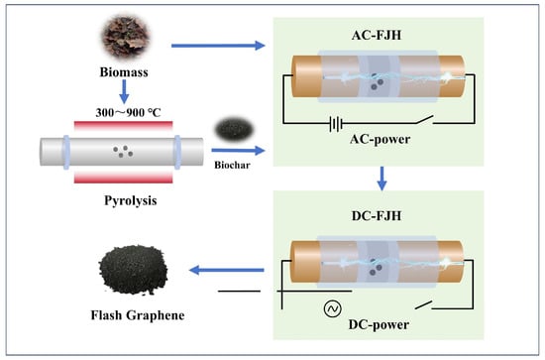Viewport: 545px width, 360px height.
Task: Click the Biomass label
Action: (x=124, y=72)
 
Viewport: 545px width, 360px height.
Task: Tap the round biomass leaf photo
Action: (x=126, y=38)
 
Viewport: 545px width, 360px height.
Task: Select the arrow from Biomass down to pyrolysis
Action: (x=124, y=91)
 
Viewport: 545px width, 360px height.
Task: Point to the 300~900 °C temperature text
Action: (x=128, y=112)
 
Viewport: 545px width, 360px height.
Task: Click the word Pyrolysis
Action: (x=131, y=200)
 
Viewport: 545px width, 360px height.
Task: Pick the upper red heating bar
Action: (x=124, y=125)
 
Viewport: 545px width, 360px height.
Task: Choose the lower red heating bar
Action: (x=124, y=178)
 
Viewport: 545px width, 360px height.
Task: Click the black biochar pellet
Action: (x=234, y=129)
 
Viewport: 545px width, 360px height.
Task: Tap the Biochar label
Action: (x=232, y=165)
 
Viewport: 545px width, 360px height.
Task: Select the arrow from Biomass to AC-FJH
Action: (x=218, y=46)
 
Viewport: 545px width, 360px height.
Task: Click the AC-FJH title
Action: (x=377, y=35)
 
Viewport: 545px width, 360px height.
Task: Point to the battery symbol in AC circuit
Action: (x=336, y=123)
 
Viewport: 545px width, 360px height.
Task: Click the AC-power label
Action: (x=380, y=139)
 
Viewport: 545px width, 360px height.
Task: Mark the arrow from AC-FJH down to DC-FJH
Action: (x=381, y=179)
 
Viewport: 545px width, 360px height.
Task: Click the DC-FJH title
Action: (x=377, y=216)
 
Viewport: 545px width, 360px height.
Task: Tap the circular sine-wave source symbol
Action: (x=333, y=308)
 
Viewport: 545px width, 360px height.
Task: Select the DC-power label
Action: (x=379, y=324)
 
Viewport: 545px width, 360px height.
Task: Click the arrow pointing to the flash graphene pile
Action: (x=227, y=270)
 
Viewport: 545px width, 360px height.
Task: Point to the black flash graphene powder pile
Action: (x=133, y=269)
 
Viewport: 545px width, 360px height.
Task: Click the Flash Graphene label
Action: (x=138, y=315)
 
